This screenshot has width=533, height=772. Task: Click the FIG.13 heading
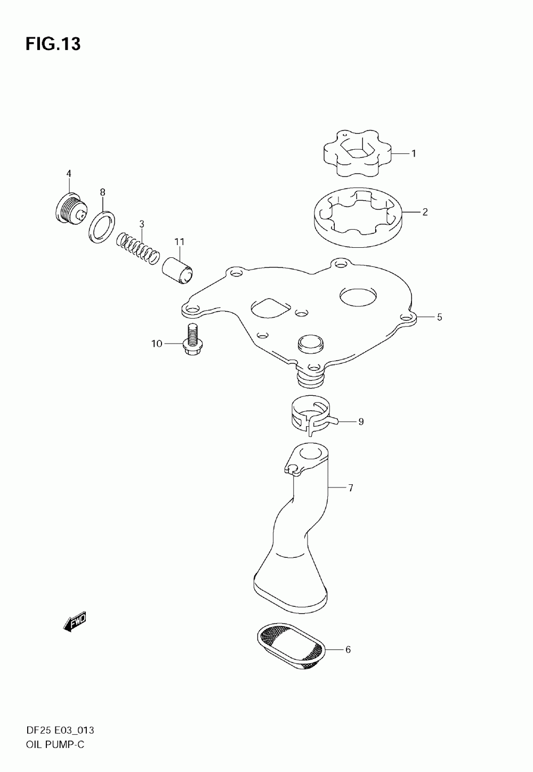point(53,44)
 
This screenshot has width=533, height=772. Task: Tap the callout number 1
point(414,153)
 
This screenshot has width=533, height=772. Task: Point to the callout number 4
point(69,173)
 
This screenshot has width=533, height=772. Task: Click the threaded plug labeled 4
point(71,209)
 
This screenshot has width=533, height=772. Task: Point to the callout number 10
point(157,344)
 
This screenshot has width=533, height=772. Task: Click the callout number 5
point(439,317)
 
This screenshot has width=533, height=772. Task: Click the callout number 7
point(351,488)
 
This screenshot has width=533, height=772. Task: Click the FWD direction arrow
point(75,622)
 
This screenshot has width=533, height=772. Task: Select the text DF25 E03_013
point(60,730)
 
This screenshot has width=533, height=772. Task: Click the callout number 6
point(348,649)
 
